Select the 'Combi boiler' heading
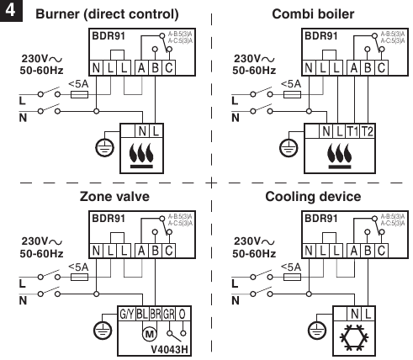pyautogui.click(x=311, y=14)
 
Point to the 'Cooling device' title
pyautogui.click(x=313, y=196)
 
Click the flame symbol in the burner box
pyautogui.click(x=141, y=155)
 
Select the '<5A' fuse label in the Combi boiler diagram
pyautogui.click(x=289, y=83)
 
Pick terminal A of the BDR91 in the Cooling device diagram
pyautogui.click(x=352, y=250)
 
